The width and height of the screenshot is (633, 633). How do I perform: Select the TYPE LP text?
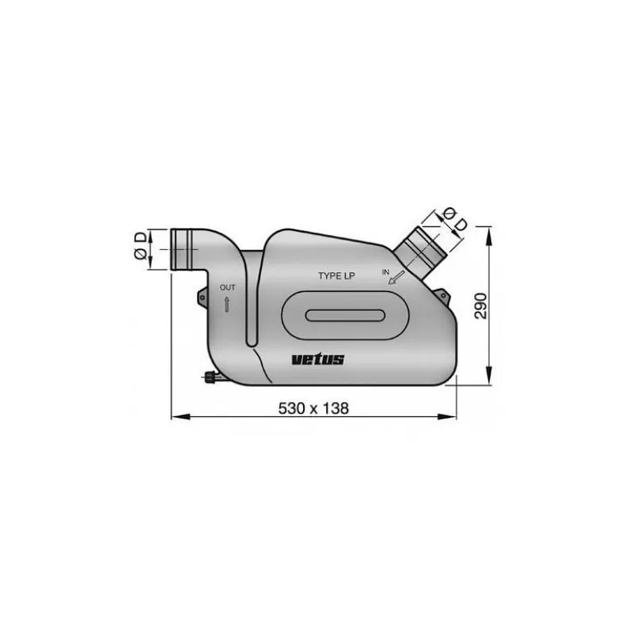(340, 276)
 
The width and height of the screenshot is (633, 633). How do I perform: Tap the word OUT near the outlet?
(227, 287)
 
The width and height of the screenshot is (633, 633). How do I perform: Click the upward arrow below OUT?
(227, 304)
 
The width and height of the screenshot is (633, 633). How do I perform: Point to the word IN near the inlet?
(386, 271)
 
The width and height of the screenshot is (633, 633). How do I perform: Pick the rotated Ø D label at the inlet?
(453, 218)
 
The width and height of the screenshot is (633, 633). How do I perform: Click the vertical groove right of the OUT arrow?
(251, 301)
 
